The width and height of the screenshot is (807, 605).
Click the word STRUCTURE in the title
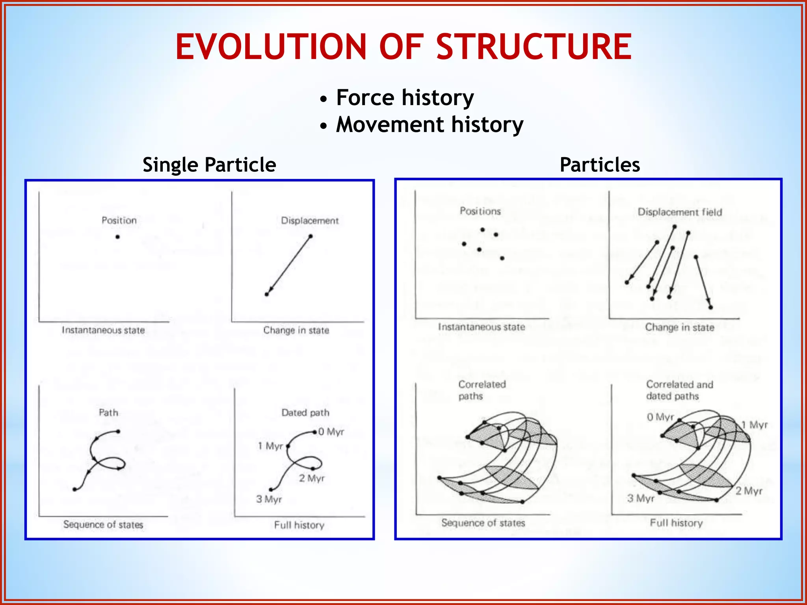pos(534,47)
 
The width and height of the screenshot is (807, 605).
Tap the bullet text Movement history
pos(430,124)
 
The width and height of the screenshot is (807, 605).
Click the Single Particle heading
pos(209,165)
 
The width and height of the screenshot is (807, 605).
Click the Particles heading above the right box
pos(600,165)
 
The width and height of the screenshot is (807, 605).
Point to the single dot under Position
pos(117,237)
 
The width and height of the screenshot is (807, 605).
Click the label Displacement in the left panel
pos(310,221)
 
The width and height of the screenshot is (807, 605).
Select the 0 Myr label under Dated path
pos(331,432)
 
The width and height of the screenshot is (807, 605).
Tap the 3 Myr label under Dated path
pos(269,499)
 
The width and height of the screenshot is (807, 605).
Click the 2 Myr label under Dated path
pos(312,478)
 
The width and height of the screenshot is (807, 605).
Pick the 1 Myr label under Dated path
pos(270,446)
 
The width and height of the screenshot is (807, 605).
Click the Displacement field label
pos(680,212)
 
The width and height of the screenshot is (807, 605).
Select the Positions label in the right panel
pos(480,211)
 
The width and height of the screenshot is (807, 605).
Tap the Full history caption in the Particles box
pos(676,523)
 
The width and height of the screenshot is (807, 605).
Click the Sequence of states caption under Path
pos(103,524)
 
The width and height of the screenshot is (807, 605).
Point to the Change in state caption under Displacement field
pos(679,327)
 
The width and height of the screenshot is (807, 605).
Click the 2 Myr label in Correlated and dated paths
pos(749,491)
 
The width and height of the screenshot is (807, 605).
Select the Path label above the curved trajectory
pos(108,412)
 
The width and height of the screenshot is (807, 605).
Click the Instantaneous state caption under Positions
pos(482,327)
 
